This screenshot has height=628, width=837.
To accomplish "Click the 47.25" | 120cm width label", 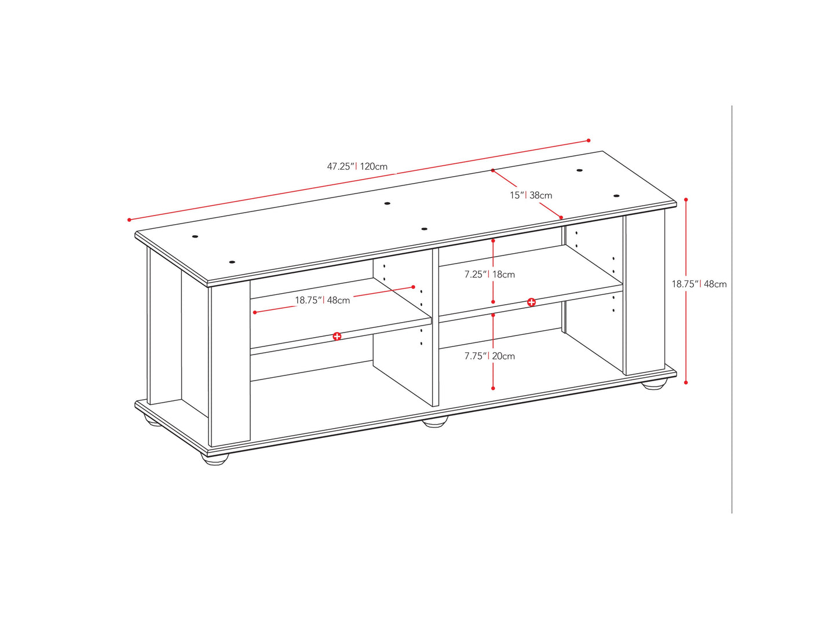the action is pyautogui.click(x=357, y=167).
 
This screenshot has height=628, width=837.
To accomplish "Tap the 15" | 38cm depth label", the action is pyautogui.click(x=531, y=195).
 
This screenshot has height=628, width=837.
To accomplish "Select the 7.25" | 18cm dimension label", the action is pyautogui.click(x=489, y=275).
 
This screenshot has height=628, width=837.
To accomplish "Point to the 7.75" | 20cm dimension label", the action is pyautogui.click(x=489, y=356).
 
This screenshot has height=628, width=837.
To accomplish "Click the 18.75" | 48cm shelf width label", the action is pyautogui.click(x=323, y=301).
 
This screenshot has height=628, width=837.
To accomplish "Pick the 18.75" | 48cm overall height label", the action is pyautogui.click(x=699, y=284).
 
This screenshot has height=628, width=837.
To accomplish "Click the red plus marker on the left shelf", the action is pyautogui.click(x=337, y=337).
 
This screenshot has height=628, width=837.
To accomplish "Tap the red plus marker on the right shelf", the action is pyautogui.click(x=531, y=302).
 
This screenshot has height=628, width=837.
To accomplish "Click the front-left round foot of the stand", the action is pyautogui.click(x=215, y=458).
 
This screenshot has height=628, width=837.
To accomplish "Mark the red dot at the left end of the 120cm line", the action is pyautogui.click(x=129, y=220).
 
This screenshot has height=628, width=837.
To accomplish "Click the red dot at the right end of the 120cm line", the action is pyautogui.click(x=589, y=141).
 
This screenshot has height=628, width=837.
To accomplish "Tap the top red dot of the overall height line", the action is pyautogui.click(x=686, y=200).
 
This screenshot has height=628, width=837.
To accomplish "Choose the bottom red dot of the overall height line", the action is pyautogui.click(x=686, y=382).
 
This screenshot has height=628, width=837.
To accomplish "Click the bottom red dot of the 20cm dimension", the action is pyautogui.click(x=493, y=388).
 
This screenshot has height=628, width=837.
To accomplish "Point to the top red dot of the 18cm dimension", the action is pyautogui.click(x=493, y=241).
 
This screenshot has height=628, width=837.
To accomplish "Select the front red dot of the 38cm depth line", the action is pyautogui.click(x=561, y=217).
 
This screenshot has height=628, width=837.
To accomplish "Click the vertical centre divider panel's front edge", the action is pyautogui.click(x=435, y=327).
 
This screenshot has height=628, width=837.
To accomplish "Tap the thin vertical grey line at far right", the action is pyautogui.click(x=732, y=309).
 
